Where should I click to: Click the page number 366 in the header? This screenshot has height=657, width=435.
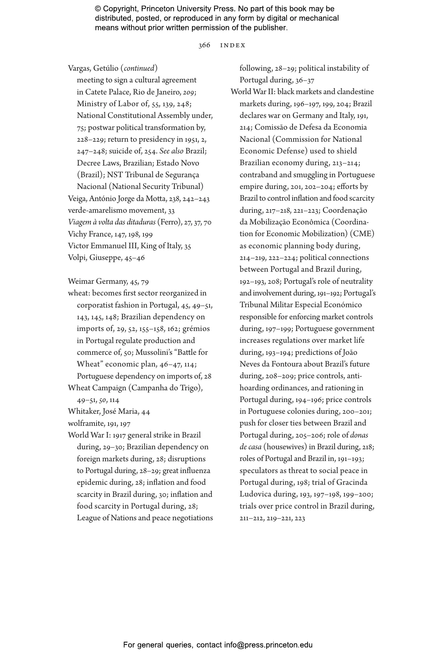204,45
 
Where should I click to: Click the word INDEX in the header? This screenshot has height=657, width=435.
233,45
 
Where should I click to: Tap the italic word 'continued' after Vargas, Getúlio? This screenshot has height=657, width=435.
139,68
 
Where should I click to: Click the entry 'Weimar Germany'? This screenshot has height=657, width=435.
97,282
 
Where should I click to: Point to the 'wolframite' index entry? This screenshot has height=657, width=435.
86,423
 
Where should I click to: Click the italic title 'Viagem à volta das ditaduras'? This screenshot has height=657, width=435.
112,222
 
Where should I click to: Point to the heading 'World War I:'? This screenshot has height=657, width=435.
89,435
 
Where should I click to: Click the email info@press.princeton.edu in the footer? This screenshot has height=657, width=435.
268,645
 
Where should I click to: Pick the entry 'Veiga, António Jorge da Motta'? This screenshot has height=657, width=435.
123,199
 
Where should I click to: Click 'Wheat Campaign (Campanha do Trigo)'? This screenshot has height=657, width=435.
135,388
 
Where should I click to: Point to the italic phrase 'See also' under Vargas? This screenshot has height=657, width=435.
172,151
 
